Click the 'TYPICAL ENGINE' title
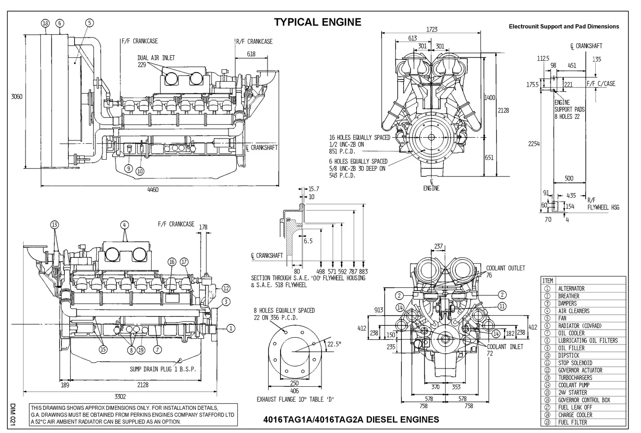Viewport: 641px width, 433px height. point(317,22)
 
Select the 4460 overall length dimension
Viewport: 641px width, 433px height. point(153,190)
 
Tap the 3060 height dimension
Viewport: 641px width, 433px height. point(17,96)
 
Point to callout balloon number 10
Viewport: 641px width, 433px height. point(140,170)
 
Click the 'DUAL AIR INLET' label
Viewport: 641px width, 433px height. point(156,58)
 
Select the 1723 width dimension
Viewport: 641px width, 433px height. point(432,29)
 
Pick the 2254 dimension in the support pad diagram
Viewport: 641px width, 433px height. point(533,143)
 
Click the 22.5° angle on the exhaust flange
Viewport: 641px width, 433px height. point(334,344)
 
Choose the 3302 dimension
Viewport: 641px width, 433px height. point(120,396)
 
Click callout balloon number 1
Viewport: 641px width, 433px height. point(231,328)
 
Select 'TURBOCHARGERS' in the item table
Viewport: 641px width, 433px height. point(575,378)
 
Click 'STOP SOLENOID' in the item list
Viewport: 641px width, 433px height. point(575,363)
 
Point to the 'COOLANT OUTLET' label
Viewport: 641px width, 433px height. point(505,268)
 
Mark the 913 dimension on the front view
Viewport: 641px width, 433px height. point(378,310)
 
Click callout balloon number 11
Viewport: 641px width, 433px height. point(501,306)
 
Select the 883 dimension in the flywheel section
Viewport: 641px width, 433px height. point(363,271)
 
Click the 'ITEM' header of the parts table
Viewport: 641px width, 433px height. point(548,280)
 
